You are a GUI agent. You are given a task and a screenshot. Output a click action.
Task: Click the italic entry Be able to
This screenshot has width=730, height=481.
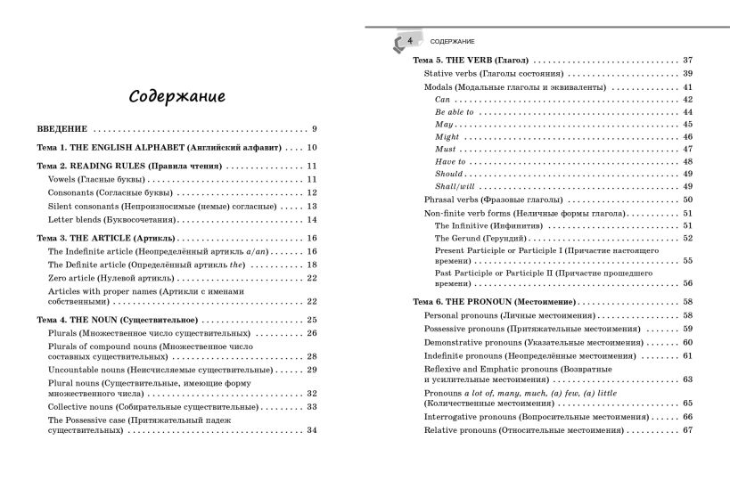455,111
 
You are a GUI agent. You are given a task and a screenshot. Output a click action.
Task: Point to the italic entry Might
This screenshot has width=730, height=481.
447,136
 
